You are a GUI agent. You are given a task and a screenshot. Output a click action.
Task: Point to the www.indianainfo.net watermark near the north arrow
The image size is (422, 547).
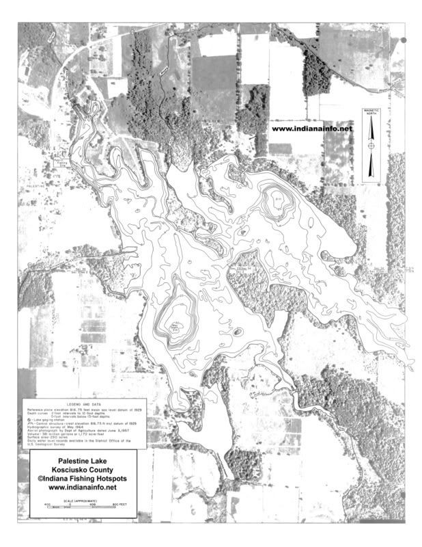point(312,128)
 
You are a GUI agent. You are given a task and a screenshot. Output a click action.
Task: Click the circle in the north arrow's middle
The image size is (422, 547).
point(371,145)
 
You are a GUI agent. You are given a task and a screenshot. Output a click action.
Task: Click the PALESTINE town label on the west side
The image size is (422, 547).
point(36,185)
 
